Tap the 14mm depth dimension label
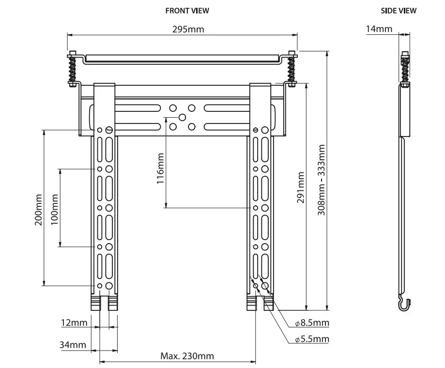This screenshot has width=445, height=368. (x=379, y=29)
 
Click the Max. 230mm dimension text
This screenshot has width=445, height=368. (x=187, y=356)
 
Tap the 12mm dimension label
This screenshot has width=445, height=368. (x=74, y=322)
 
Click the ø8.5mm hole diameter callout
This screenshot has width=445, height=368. (x=312, y=323)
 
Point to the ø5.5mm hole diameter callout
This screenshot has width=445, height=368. (x=312, y=339)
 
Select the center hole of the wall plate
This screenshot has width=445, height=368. (x=183, y=117)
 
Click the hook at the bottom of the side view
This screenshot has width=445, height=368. (x=404, y=304)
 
